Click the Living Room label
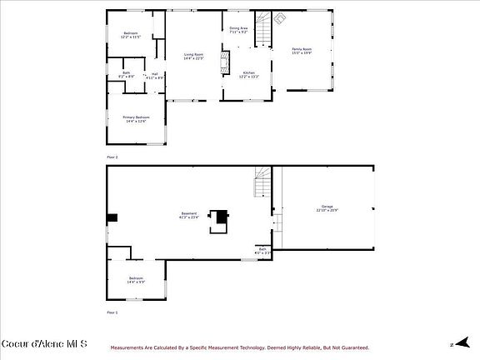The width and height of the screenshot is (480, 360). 193,56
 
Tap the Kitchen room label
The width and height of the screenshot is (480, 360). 247,74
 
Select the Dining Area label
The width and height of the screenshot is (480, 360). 239,31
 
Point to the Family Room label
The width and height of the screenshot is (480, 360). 301,51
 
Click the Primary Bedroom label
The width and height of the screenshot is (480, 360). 135,119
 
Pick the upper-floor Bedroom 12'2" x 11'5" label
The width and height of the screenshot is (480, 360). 131,35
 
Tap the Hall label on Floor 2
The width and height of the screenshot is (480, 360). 154,76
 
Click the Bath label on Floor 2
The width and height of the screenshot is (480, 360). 126,74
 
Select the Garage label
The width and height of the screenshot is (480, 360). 326,207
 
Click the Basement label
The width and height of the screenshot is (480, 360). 189,215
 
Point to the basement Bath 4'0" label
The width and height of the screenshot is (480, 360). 262,250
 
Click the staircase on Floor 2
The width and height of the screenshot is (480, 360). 263,32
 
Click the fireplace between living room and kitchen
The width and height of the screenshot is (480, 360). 222,63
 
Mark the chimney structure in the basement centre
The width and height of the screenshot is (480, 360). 220,217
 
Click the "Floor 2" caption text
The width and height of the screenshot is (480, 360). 112,157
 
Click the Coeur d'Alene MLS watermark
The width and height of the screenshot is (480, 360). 44,342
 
